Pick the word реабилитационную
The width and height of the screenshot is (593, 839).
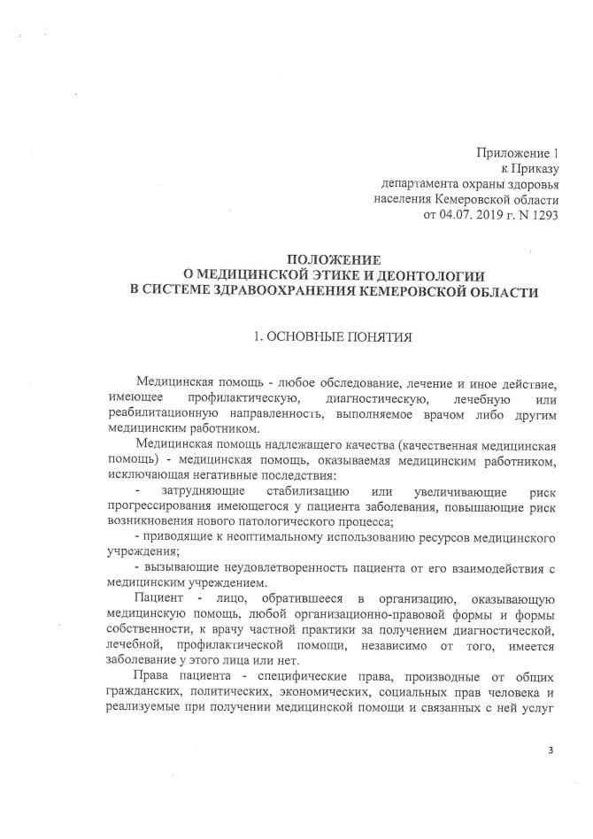(x=161, y=412)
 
